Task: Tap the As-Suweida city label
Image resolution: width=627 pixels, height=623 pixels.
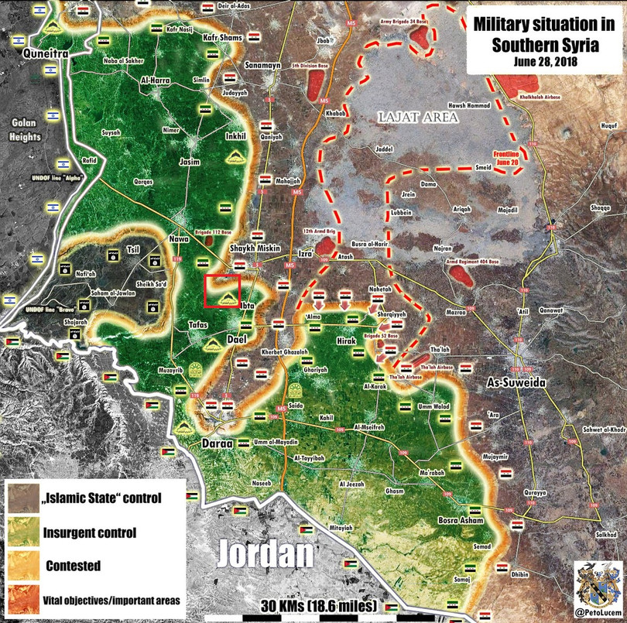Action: click(517, 383)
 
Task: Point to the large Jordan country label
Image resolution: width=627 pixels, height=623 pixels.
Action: click(266, 553)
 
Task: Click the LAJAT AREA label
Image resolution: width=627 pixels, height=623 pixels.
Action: click(418, 117)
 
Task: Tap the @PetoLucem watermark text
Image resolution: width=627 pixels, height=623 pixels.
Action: click(601, 612)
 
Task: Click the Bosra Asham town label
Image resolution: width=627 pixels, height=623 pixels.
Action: click(461, 520)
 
